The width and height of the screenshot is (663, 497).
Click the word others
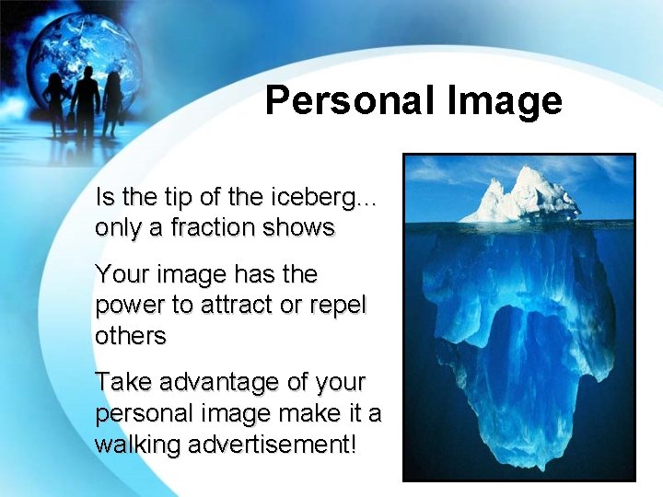point(131,336)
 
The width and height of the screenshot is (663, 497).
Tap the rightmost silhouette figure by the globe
point(112,101)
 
